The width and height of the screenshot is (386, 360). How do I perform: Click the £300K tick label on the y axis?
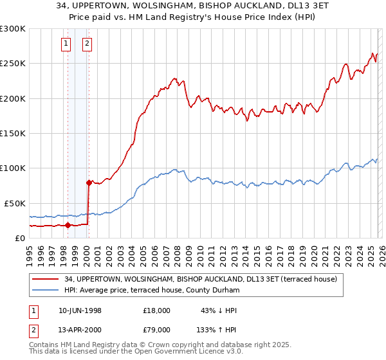(x=12, y=29)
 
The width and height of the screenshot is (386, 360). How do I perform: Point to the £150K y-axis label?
(x=12, y=133)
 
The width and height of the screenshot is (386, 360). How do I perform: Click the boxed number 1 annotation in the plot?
(x=67, y=44)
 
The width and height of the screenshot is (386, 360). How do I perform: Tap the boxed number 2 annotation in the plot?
(x=87, y=44)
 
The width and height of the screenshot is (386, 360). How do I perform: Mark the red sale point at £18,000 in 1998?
(x=68, y=225)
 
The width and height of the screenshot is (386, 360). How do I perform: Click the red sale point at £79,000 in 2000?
(x=89, y=183)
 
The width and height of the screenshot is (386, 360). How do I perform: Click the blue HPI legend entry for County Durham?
(x=152, y=291)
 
